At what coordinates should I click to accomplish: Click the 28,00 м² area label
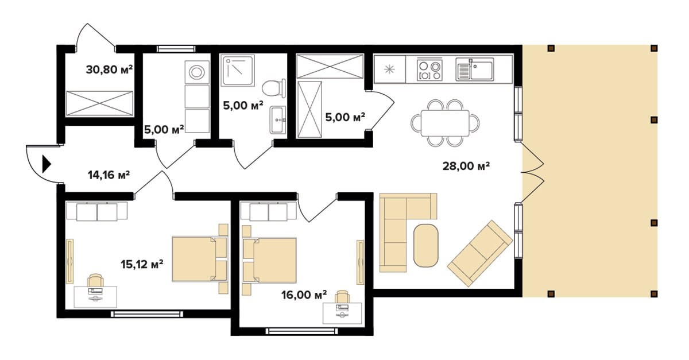[x=466, y=166]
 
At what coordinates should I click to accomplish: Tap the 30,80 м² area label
[x=109, y=70]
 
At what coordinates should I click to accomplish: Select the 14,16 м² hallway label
[x=109, y=175]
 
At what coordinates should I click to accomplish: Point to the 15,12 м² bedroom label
[x=142, y=264]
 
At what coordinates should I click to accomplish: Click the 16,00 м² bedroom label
[x=304, y=295]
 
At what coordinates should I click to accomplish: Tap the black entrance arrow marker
[x=47, y=164]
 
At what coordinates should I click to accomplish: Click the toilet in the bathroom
[x=274, y=88]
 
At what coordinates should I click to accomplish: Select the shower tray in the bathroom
[x=238, y=71]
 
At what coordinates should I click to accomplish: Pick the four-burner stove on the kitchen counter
[x=429, y=70]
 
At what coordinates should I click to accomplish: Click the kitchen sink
[x=475, y=69]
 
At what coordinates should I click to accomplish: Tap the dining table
[x=445, y=123]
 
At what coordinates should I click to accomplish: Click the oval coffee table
[x=425, y=245]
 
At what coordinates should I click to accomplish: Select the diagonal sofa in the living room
[x=480, y=253]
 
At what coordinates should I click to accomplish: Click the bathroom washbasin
[x=278, y=120]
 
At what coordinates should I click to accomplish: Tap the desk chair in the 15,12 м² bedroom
[x=95, y=281]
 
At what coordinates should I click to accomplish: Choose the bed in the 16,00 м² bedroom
[x=269, y=260]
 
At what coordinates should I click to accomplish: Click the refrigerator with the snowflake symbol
[x=390, y=69]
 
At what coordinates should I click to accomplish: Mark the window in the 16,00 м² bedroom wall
[x=302, y=331]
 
